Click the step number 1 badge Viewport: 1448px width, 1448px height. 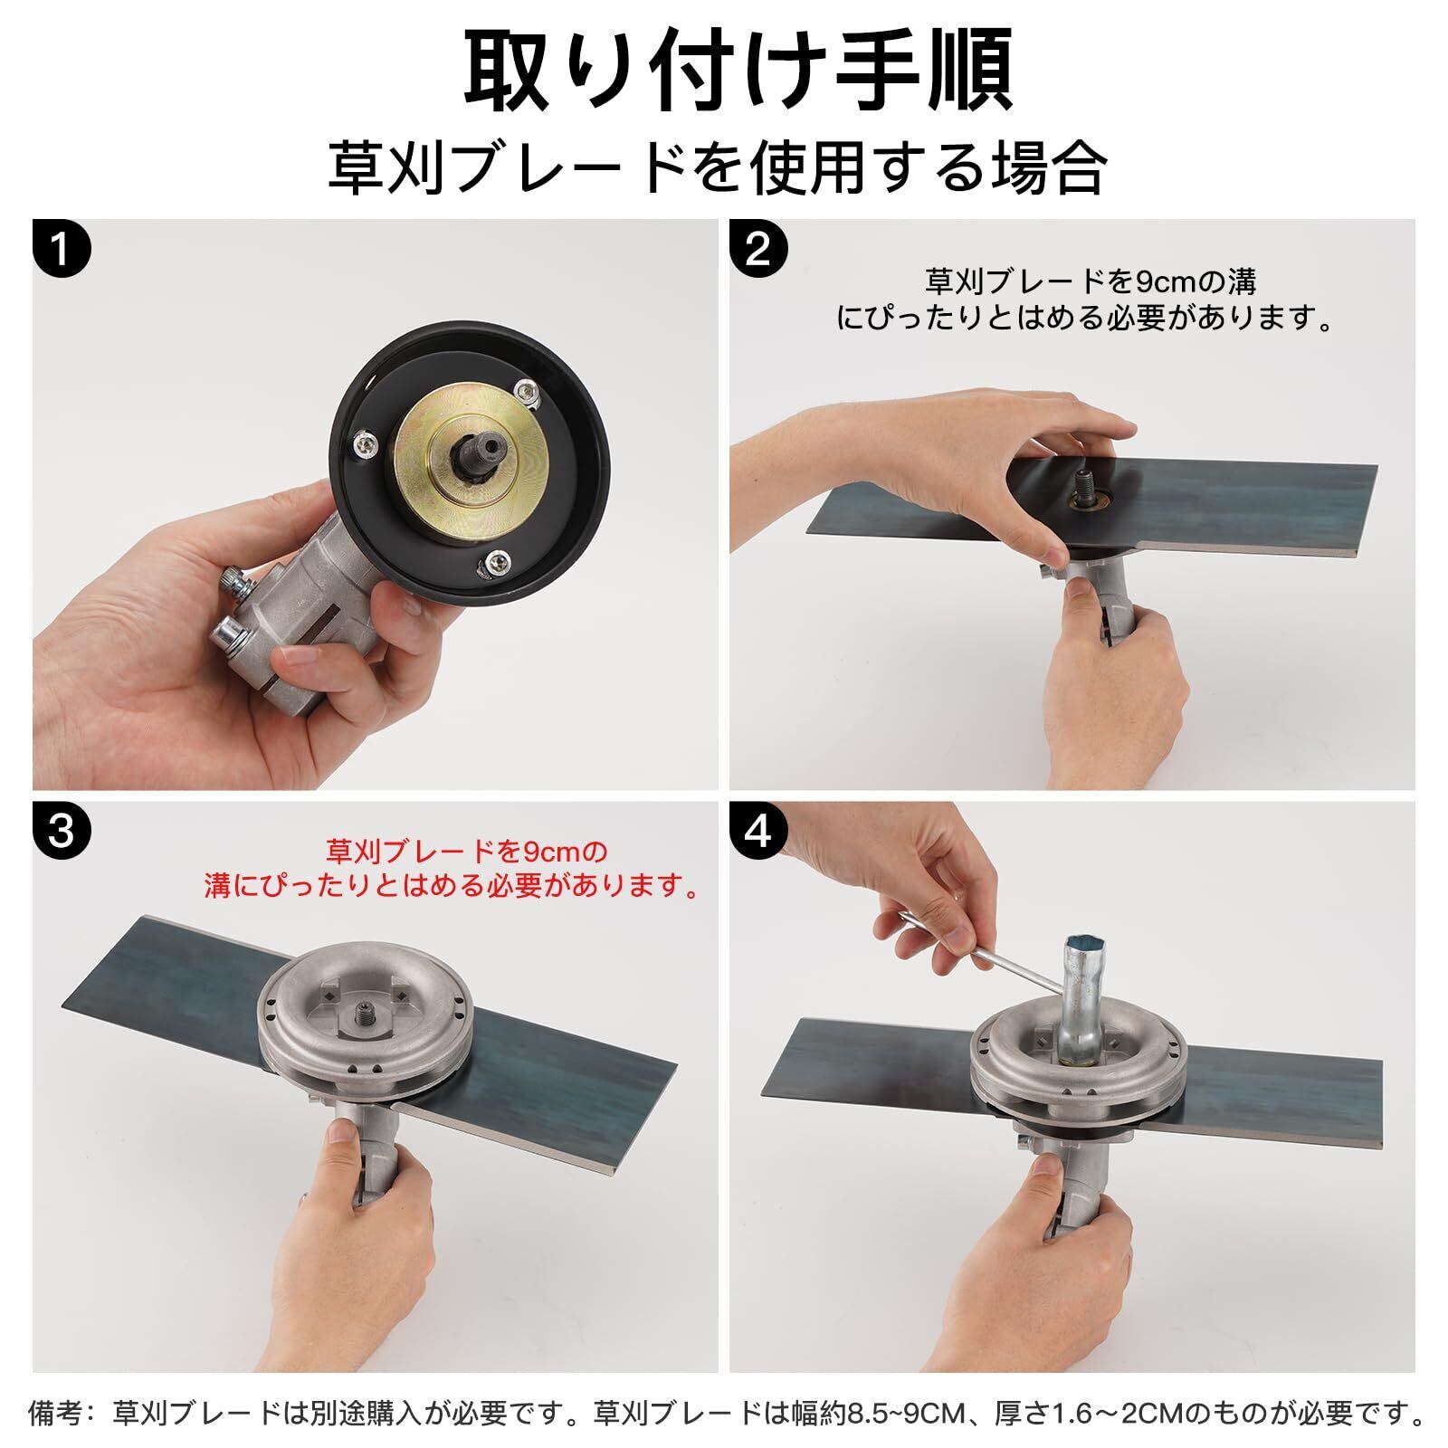pos(62,248)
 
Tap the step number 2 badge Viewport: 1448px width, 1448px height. pos(758,248)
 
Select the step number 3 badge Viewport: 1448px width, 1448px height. pos(62,831)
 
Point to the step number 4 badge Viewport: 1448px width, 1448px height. pos(758,831)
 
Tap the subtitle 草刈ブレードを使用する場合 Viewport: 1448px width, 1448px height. pos(718,167)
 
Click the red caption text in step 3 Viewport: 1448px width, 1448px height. pos(453,868)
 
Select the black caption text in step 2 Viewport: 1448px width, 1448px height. pos(1087,300)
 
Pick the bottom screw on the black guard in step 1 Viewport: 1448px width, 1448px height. pos(498,563)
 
